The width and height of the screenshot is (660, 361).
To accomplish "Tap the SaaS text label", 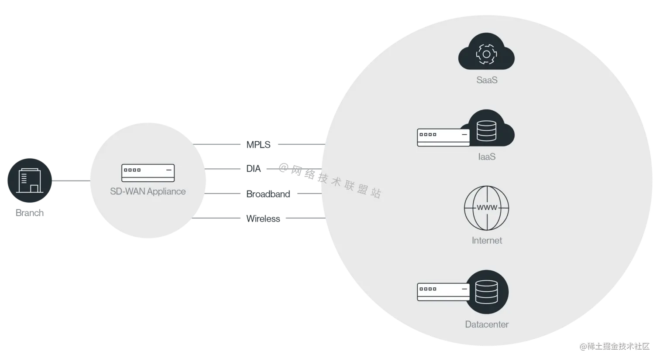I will [x=487, y=80].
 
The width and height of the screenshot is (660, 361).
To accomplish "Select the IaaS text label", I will [x=487, y=157].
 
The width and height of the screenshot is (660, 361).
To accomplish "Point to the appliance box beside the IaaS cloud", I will [x=443, y=137].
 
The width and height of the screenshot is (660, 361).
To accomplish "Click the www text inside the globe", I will [x=486, y=208].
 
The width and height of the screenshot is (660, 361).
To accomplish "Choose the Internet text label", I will [x=487, y=240].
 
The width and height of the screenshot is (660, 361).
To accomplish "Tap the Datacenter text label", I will [x=487, y=324].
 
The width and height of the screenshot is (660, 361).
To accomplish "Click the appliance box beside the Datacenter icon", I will [x=443, y=292].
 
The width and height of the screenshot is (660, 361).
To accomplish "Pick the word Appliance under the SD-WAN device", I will [x=166, y=191].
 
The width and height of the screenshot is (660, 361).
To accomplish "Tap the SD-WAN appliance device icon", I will [x=148, y=173].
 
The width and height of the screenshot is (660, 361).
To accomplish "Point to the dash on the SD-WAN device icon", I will [x=167, y=170].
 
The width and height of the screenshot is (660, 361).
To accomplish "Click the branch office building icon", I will [x=28, y=181].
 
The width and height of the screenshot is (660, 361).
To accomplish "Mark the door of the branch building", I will [x=34, y=188].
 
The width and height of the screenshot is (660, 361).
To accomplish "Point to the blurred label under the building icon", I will [x=29, y=212].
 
